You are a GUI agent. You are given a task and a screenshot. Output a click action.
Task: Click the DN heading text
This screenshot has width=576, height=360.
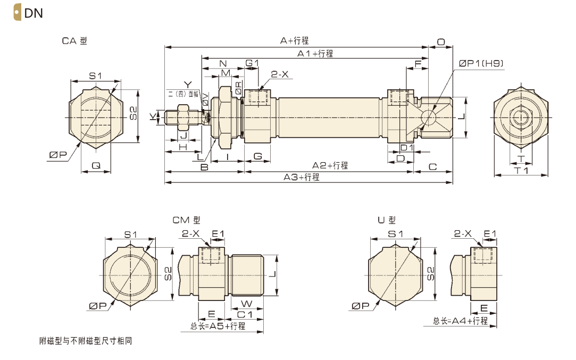[x=34, y=13]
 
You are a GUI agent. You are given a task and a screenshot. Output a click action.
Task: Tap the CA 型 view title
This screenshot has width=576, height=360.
[x=74, y=41]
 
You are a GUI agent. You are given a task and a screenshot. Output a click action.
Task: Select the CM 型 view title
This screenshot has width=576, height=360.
[x=186, y=220]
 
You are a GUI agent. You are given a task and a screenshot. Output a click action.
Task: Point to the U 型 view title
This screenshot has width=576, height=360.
[x=387, y=220]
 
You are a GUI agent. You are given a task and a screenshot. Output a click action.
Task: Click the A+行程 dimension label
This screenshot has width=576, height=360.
[x=294, y=40]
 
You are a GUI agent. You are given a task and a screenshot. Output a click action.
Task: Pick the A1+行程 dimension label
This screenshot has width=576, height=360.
[x=315, y=53]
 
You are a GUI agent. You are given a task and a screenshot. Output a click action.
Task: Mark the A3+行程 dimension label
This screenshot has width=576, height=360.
[x=302, y=177]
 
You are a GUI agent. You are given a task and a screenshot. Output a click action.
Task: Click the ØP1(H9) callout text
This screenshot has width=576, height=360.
[x=481, y=63]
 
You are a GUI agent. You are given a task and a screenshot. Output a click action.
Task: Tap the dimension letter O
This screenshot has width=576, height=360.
[x=441, y=41]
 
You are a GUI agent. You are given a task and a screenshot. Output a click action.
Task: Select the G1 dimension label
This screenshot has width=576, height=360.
[x=252, y=63]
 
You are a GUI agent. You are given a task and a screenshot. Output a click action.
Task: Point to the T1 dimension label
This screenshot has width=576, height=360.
[x=521, y=170]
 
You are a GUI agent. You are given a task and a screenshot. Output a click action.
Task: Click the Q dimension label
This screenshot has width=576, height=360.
[x=96, y=165]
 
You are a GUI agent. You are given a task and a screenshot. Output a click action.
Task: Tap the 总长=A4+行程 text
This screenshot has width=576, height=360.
[x=460, y=321]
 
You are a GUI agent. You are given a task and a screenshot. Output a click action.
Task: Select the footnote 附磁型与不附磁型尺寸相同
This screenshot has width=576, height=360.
[x=85, y=341]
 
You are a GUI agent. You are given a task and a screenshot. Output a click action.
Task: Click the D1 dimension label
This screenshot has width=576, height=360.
[x=407, y=147]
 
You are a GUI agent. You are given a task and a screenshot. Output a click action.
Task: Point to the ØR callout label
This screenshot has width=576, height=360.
[x=239, y=88]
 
